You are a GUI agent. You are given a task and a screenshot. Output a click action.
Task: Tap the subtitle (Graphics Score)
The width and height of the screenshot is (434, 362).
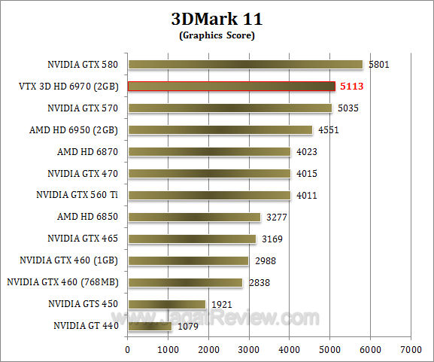216,35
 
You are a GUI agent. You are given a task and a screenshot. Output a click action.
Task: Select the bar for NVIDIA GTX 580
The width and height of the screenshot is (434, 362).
245,65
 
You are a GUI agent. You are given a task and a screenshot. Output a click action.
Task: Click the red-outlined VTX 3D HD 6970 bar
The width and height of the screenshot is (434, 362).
232,87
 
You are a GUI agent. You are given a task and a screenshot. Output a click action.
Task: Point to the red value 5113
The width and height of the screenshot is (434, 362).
351,87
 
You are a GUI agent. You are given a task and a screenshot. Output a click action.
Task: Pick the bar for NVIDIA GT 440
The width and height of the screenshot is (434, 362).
150,326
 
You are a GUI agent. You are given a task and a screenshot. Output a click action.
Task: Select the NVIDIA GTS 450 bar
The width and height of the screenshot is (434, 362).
166,304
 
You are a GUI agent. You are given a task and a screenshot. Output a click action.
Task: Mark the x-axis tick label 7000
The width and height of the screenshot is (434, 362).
411,350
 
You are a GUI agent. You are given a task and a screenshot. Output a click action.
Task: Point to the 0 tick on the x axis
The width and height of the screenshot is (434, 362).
128,350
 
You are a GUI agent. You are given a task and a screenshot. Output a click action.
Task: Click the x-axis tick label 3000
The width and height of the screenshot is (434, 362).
249,350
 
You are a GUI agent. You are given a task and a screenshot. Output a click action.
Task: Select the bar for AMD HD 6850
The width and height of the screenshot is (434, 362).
194,217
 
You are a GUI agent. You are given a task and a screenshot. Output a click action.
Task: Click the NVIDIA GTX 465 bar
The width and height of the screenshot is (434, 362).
192,239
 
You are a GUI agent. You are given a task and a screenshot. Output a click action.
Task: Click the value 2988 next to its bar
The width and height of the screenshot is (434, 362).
265,260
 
